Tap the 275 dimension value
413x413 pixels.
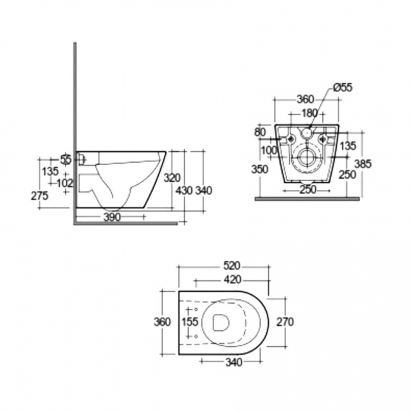coord(40,196)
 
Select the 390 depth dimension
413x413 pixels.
coord(112,217)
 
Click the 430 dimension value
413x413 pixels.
coord(184,190)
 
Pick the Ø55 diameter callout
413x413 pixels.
coord(344,88)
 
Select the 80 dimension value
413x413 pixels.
coord(260,133)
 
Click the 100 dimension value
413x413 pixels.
coord(268,149)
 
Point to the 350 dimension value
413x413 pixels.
coord(259,170)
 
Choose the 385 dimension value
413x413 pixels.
coord(363,163)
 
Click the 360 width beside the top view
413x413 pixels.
coord(163,322)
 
